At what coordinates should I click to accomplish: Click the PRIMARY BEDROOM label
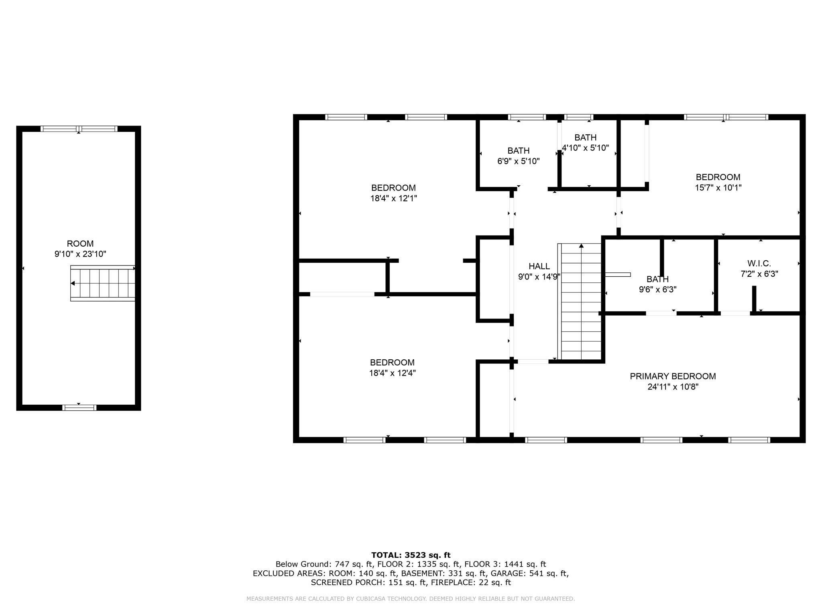[x=673, y=376]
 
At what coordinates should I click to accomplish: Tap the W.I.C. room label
[x=759, y=263]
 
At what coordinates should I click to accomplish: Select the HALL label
[x=539, y=266]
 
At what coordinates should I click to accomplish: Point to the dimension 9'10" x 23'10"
[x=80, y=254]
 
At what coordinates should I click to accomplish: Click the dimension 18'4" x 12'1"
[x=393, y=198]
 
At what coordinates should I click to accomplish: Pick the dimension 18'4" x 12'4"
[x=392, y=373]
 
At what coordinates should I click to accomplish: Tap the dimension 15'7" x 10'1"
[x=718, y=187]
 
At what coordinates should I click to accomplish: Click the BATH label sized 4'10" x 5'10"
[x=585, y=138]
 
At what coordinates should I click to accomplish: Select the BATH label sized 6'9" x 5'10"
[x=518, y=151]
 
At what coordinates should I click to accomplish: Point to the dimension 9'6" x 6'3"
[x=657, y=290]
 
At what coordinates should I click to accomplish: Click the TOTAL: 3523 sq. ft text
[x=411, y=555]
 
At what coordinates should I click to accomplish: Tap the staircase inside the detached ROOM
[x=103, y=283]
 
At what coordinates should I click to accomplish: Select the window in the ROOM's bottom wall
[x=79, y=407]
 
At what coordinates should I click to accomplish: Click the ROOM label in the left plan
[x=80, y=243]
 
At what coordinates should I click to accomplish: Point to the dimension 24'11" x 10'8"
[x=673, y=387]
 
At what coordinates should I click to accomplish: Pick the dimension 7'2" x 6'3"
[x=759, y=274]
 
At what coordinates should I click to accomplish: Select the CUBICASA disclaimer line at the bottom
[x=411, y=599]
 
